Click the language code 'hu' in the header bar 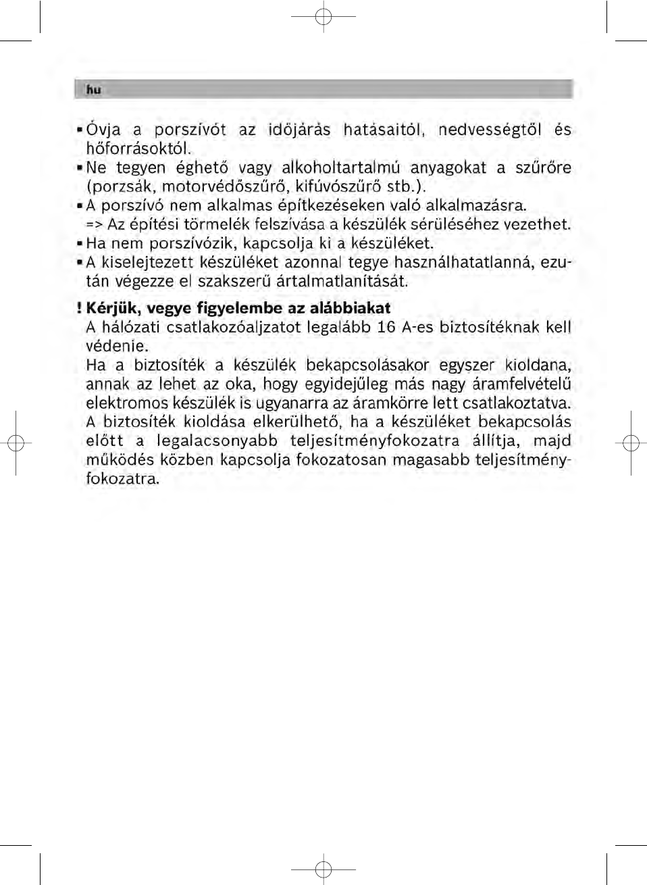[93, 90]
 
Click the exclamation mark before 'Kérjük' [79, 309]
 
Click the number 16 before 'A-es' [386, 328]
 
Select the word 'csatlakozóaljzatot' [233, 328]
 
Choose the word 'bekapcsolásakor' [367, 365]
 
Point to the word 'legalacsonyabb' [217, 441]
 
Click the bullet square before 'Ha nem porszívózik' [80, 243]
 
